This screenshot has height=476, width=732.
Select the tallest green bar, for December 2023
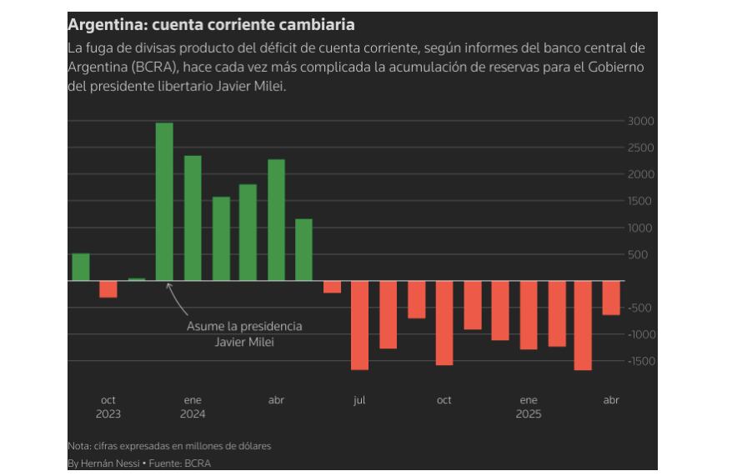point(164,202)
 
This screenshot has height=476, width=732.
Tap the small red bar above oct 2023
point(108,288)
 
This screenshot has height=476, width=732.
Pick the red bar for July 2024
point(359,325)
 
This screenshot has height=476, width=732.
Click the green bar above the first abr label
point(276,220)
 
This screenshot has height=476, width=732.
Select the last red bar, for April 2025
point(611,298)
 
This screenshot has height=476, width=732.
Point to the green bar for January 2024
point(193,218)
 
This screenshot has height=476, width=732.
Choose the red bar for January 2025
point(528,315)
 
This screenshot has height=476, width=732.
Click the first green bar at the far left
point(81,267)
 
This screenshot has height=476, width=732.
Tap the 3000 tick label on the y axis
point(640,121)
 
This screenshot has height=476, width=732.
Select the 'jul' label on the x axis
point(359,400)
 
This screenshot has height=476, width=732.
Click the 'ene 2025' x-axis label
point(528,407)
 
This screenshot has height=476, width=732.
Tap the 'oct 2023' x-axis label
point(108,407)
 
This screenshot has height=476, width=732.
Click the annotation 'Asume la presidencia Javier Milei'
point(244,333)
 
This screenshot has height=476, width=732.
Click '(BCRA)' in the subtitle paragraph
point(153,68)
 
